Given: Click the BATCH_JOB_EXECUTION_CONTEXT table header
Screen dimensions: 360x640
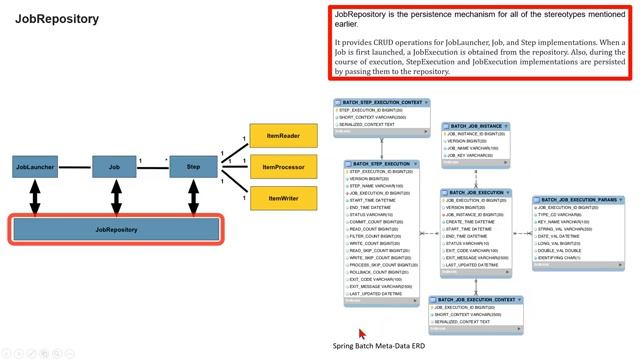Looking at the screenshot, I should [480, 298].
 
